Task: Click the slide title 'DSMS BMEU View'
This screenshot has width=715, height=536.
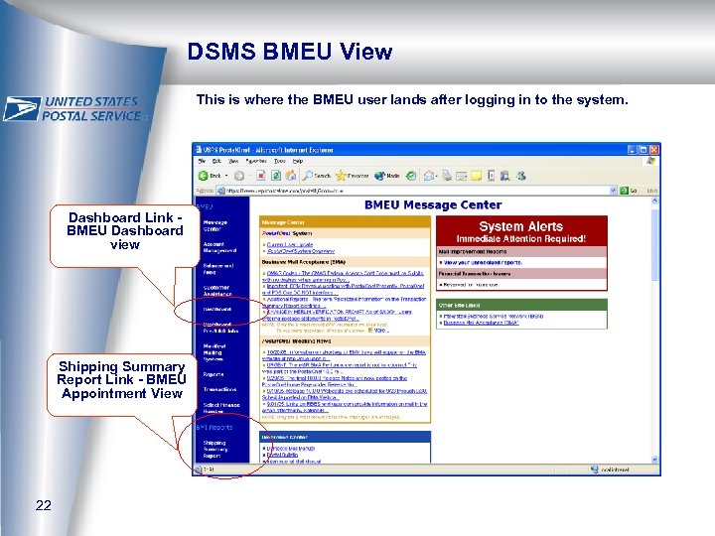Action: pos(290,52)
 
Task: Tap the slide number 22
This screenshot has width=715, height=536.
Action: pos(43,505)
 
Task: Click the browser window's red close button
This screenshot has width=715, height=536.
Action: pos(652,149)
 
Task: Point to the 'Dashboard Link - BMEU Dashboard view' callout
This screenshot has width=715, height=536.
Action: pos(124,231)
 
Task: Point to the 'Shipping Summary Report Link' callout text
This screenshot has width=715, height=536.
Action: pos(121,380)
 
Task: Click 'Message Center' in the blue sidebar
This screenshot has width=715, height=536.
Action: pos(217,225)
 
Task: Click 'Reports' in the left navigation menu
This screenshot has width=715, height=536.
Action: pos(214,374)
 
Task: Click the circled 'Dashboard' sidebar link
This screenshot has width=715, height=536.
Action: pos(217,309)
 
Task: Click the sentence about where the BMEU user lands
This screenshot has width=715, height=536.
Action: pos(412,100)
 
